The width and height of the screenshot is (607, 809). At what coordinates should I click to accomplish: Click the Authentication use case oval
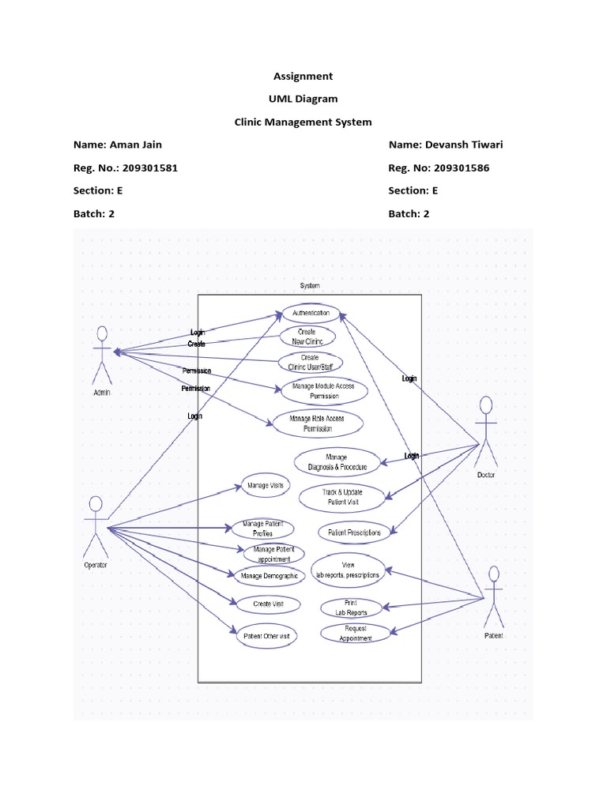coord(311,313)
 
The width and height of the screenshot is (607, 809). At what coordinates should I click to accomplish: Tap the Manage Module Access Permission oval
coord(324,390)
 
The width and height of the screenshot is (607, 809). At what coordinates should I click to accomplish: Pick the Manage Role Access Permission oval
coord(317,423)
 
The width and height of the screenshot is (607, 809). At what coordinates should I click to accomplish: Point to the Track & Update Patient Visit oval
coord(342,496)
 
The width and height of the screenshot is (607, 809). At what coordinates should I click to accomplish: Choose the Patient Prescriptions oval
coord(354,532)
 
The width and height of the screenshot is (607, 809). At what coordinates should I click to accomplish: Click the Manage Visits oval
coord(265,485)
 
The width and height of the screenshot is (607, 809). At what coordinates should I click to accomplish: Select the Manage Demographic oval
coord(269,576)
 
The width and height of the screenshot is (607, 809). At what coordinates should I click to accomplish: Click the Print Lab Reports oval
coord(351,608)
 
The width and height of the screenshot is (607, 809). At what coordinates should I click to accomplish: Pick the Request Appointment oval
coord(355,634)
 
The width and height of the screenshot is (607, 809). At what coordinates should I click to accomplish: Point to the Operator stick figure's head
coord(96,503)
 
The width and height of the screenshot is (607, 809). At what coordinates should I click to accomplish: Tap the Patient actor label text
coord(493,635)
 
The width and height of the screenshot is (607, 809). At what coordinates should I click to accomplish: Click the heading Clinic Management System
coord(303,122)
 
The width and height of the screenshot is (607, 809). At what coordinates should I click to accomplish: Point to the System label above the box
coord(310,285)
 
